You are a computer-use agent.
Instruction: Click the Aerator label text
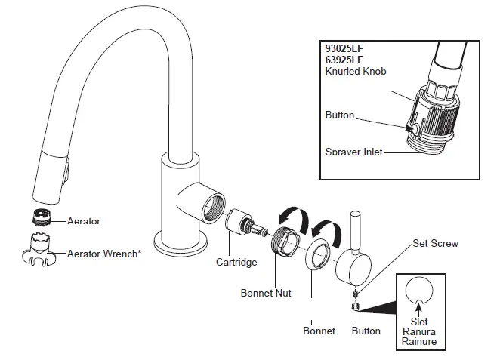tap(84, 221)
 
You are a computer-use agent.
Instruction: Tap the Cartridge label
tap(236, 262)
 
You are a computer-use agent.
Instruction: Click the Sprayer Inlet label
tap(353, 152)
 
